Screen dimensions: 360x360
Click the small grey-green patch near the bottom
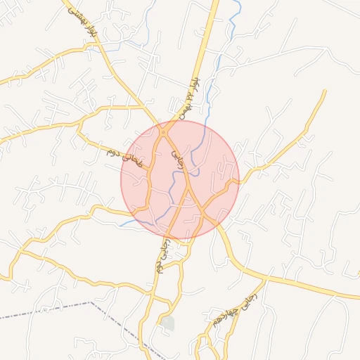(x=167, y=323)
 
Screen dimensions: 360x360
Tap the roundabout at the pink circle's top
(x=164, y=131)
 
